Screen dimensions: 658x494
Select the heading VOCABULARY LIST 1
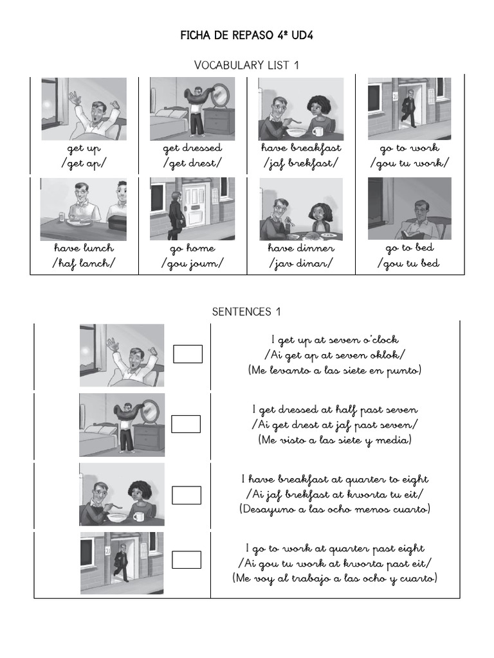tap(246, 65)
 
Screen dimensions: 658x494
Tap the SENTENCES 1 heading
tap(246, 312)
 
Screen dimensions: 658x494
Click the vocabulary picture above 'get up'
tap(84, 109)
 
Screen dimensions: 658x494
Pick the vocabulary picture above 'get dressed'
tap(192, 109)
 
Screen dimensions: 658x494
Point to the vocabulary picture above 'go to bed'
tap(409, 208)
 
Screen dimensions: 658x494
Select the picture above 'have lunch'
tap(84, 208)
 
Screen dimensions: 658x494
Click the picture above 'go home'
tap(192, 208)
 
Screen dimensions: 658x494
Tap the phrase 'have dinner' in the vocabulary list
tap(301, 248)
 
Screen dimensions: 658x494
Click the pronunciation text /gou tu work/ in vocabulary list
tap(409, 163)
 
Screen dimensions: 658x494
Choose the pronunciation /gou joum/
tap(192, 263)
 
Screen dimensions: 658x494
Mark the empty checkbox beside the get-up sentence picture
tap(188, 354)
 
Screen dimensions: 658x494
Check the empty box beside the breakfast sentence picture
tap(187, 495)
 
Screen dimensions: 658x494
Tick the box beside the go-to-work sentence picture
tap(187, 560)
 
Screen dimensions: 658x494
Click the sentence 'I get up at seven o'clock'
tap(334, 340)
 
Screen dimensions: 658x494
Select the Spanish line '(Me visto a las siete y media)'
tap(334, 440)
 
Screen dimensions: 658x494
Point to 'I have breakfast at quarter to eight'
tap(334, 479)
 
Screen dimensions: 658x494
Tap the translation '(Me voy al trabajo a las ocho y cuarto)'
tap(334, 578)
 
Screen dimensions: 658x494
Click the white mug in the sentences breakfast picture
tap(138, 515)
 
